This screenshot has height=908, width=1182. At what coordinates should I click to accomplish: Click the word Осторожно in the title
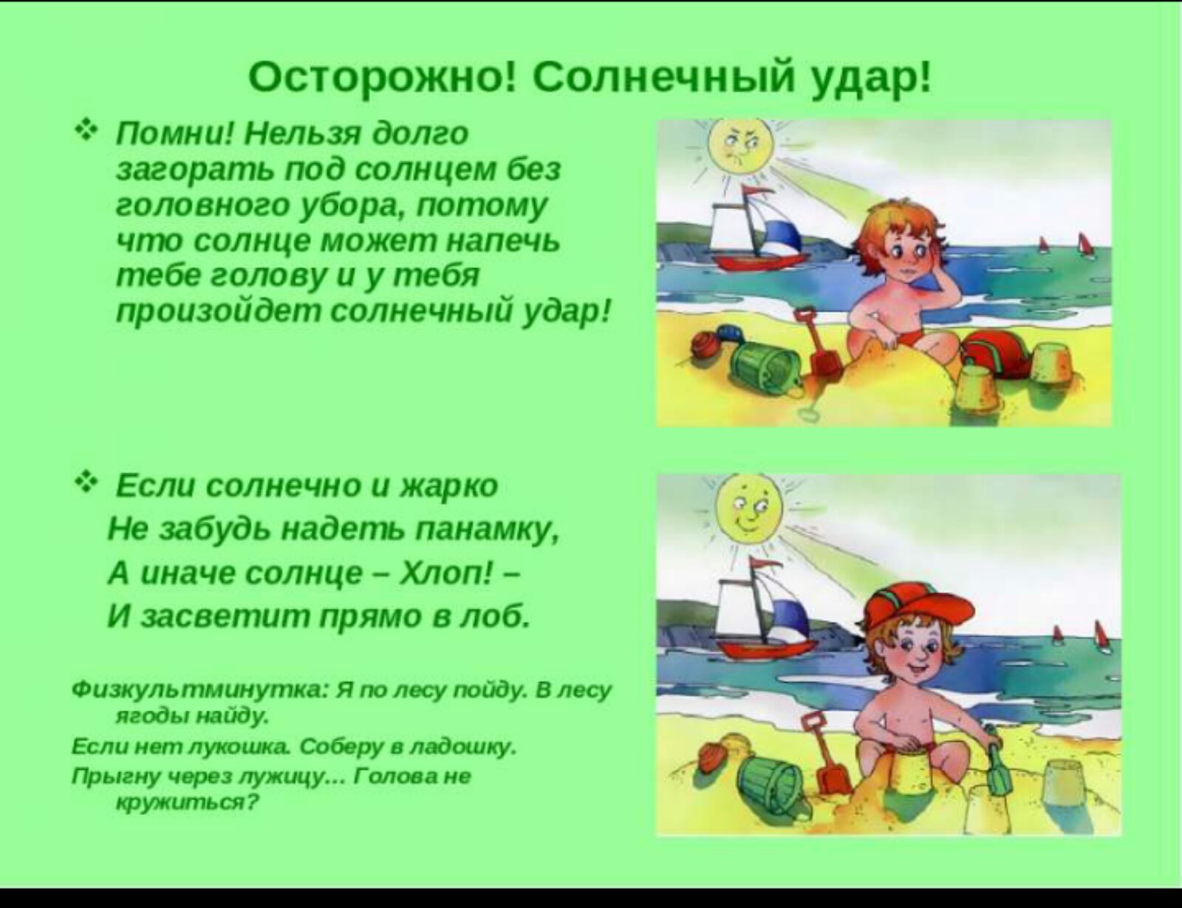point(380,80)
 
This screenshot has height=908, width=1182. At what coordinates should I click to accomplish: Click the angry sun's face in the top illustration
point(739,148)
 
